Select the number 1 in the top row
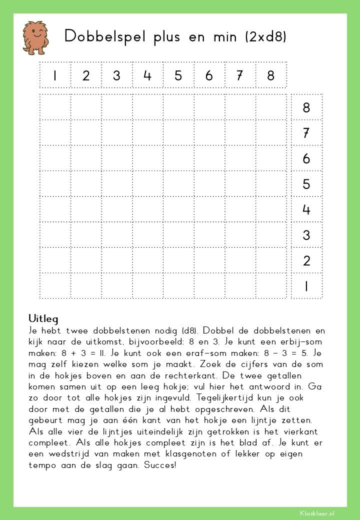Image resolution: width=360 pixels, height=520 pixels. (55, 75)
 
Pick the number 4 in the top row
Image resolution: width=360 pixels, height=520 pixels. (147, 75)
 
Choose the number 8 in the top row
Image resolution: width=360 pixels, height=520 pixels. (271, 75)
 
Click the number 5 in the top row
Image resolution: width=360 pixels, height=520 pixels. (178, 75)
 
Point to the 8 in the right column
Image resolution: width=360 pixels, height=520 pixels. (306, 107)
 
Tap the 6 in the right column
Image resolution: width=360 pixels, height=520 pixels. (306, 159)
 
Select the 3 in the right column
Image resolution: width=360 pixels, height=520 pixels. (306, 235)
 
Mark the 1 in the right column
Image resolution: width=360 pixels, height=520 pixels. (306, 286)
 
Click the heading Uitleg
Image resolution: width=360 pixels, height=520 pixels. (43, 318)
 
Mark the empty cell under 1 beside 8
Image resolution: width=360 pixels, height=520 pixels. (55, 107)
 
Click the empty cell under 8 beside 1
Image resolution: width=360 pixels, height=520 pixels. (271, 286)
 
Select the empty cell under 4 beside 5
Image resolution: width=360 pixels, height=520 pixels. (147, 184)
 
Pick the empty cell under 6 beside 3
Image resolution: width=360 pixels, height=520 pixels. (209, 235)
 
